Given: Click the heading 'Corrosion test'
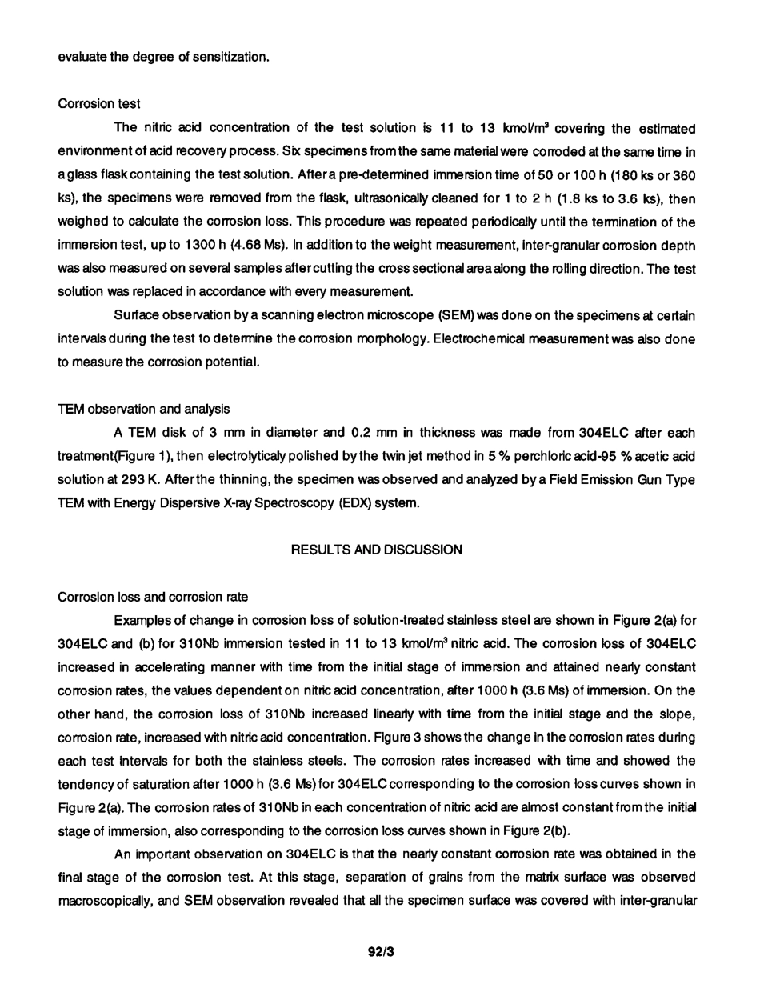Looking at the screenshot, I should point(99,104).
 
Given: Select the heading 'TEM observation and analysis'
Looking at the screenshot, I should point(144,409).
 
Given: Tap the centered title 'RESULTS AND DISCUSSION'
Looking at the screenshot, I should point(376,550).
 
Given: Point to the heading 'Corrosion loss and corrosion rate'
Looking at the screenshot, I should point(153,597).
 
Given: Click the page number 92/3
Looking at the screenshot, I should point(381,952).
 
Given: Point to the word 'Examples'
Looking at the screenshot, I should point(142,620).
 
